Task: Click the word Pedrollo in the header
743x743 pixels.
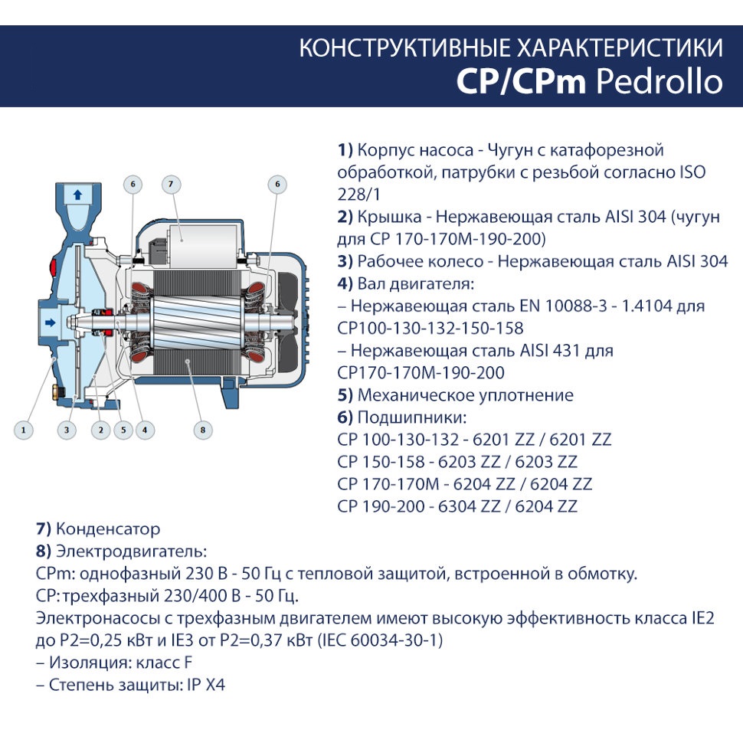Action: [660, 81]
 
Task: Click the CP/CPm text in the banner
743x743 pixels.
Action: [521, 81]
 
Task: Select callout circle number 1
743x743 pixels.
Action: [23, 430]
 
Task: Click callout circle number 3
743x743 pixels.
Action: [67, 430]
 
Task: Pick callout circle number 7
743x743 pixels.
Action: [171, 185]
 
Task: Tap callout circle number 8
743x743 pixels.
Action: [203, 430]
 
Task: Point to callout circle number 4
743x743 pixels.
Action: [145, 430]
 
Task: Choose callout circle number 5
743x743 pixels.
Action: [123, 430]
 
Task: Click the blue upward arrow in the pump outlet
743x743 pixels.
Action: [77, 195]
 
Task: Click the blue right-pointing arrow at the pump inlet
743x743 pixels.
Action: [50, 322]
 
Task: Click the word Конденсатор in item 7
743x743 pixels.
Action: [108, 529]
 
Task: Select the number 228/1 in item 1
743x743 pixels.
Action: [358, 195]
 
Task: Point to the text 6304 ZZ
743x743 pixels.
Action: [469, 506]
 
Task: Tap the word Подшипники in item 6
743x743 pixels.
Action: [412, 417]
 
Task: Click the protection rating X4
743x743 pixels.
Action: [215, 685]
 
